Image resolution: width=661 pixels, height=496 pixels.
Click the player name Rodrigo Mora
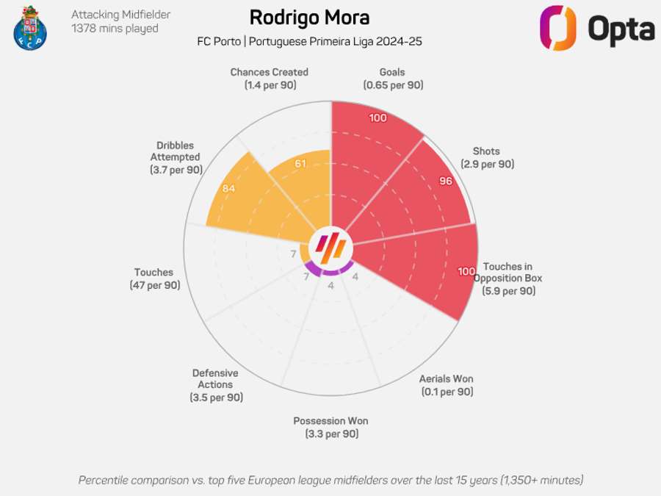(x=309, y=18)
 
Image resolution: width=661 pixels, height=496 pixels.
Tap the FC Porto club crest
(x=30, y=29)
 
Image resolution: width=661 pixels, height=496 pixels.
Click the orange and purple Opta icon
(x=557, y=28)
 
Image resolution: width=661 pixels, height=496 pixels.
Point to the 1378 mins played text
(x=115, y=29)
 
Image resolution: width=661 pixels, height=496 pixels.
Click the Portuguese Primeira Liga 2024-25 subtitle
(x=335, y=41)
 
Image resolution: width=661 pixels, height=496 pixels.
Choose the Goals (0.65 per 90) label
(x=392, y=79)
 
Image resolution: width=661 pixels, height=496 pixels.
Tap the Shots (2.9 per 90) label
(x=487, y=158)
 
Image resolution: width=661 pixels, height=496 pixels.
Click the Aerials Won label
(x=446, y=385)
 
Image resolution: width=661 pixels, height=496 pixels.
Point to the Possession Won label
(x=330, y=427)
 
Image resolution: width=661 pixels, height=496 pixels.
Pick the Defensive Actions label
(x=215, y=385)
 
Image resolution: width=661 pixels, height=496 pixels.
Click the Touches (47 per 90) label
(x=153, y=278)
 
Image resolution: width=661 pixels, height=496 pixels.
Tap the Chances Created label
(x=269, y=79)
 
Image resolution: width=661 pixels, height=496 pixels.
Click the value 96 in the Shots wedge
(x=445, y=181)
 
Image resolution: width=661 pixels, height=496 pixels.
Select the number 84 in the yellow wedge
(x=228, y=189)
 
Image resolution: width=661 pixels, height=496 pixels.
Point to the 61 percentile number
(x=300, y=163)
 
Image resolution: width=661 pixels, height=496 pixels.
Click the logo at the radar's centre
(x=330, y=247)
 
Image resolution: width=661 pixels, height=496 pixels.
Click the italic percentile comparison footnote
(x=330, y=480)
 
